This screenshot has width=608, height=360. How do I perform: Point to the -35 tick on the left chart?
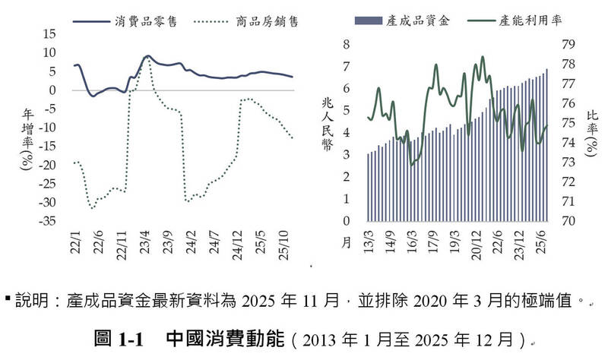click(46, 221)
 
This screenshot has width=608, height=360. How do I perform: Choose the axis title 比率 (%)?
click(592, 132)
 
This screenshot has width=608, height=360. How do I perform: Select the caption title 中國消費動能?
click(217, 336)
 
